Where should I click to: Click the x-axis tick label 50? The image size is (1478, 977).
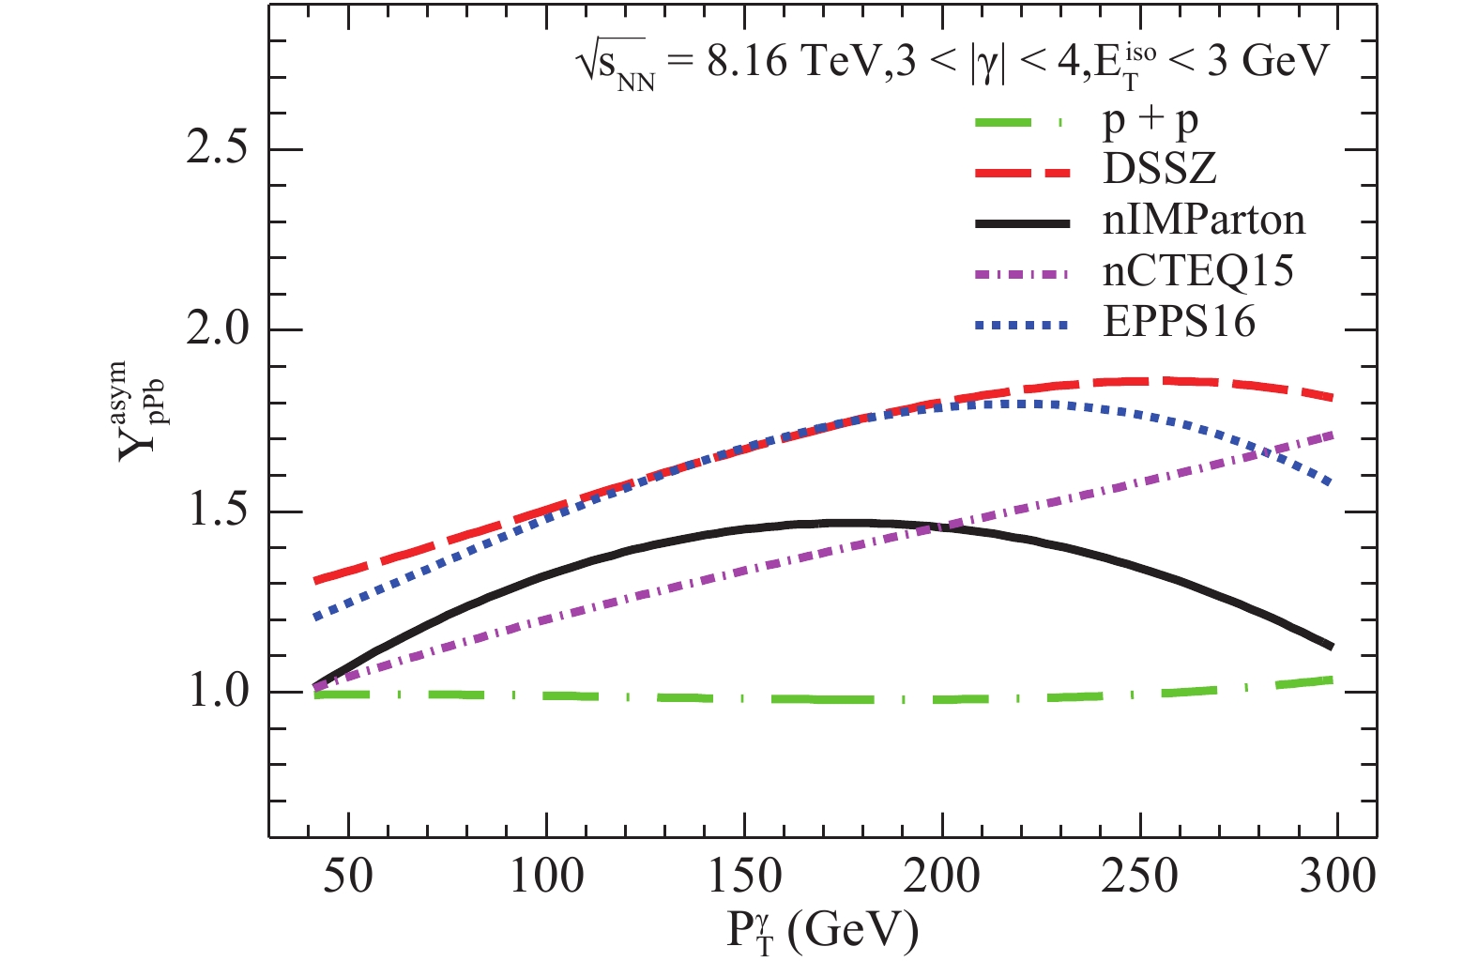348,877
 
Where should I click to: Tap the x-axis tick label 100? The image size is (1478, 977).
546,877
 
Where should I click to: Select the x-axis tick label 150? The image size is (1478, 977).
744,877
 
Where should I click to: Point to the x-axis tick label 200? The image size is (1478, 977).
942,877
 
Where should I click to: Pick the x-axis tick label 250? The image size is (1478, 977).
1140,877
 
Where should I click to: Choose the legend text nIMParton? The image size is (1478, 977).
1204,221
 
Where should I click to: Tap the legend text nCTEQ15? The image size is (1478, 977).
1198,272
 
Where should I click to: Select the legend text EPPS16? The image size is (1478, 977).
1179,323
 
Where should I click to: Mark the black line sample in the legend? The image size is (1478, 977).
1021,222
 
